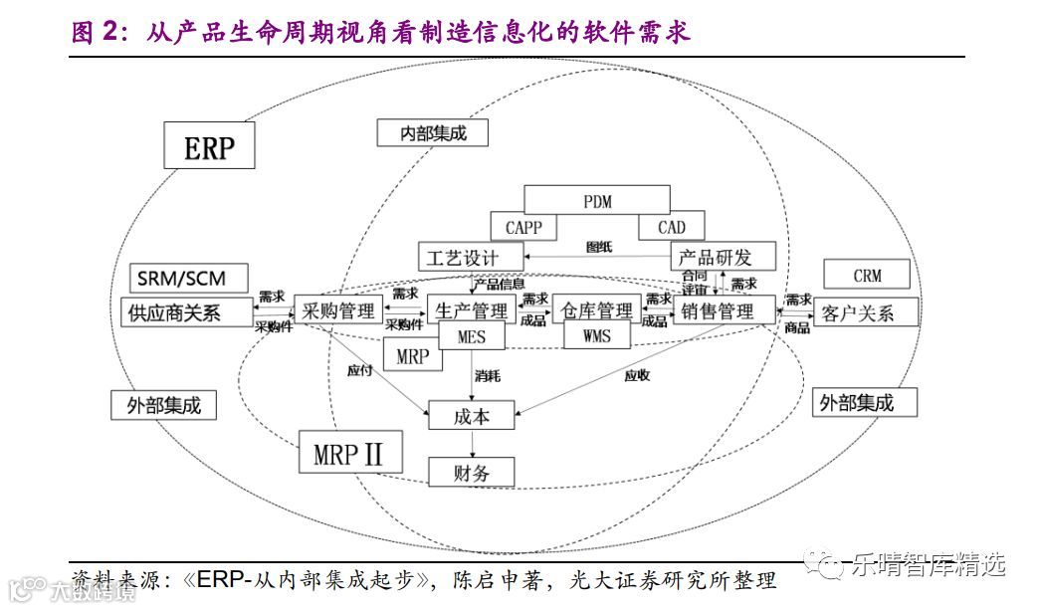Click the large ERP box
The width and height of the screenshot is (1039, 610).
coord(209,147)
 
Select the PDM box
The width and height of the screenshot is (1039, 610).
coord(597,200)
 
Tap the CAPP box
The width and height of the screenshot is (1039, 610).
coord(523,228)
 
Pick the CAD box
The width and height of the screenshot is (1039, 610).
coord(672,228)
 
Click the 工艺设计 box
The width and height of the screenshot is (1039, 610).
coord(462,257)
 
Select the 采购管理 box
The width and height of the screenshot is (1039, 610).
coord(338,310)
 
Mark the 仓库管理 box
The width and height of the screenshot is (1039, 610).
coord(597,310)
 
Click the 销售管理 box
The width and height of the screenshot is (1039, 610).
coord(725,310)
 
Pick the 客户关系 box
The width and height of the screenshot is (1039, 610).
coord(858,312)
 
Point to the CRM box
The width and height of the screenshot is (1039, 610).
coord(867,276)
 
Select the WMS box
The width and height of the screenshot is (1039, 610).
coord(597,336)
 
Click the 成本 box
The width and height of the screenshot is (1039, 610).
coord(473,415)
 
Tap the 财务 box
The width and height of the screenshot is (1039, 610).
coord(473,472)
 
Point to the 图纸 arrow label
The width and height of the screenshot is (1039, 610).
coord(599,248)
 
